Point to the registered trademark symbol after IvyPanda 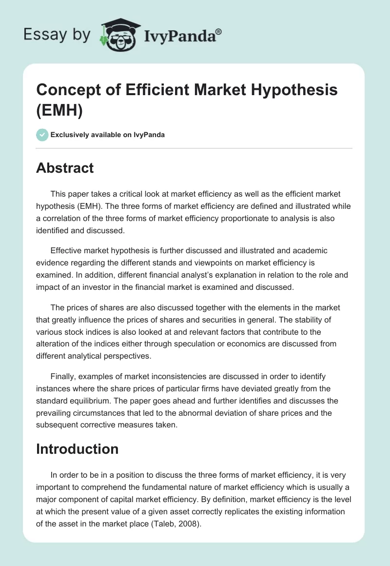click(x=219, y=30)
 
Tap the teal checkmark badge click(x=42, y=135)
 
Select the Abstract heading click(x=65, y=168)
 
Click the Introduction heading click(x=77, y=448)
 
